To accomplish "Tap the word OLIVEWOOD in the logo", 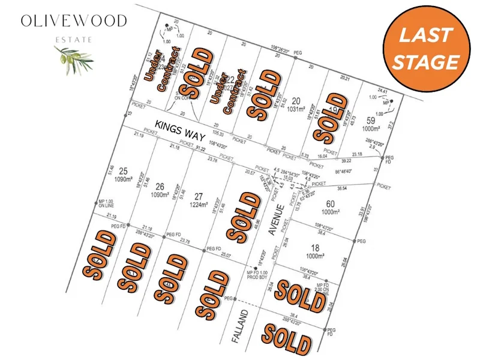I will tap(74, 22).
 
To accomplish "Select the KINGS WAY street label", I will tap(177, 127).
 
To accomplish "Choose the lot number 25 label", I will tap(124, 170).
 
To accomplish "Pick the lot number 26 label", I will tap(159, 185).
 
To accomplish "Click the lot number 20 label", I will tap(296, 101).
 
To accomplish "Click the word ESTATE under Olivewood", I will tap(74, 39).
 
